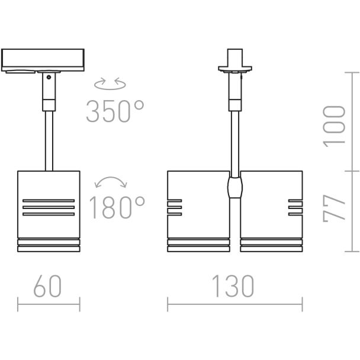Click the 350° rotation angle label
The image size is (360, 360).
[x=115, y=111]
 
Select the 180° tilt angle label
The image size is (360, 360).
[x=117, y=207]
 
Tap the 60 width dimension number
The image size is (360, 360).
[x=47, y=286]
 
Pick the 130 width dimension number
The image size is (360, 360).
[x=233, y=286]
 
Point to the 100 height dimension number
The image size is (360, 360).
[x=334, y=126]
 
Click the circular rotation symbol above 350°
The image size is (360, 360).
[x=110, y=83]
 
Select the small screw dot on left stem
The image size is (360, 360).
[x=49, y=77]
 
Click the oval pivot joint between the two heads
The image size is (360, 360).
[x=235, y=187]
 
